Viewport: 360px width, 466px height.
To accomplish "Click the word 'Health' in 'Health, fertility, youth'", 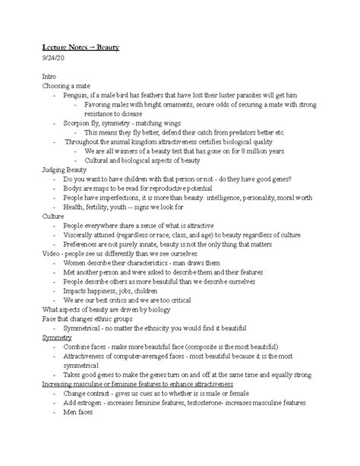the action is click(x=76, y=206).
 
